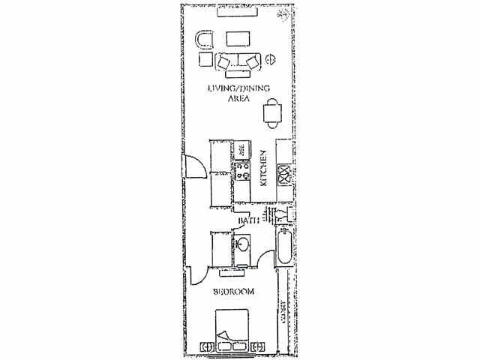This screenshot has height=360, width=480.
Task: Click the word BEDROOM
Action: coord(233,292)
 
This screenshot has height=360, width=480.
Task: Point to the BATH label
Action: coord(249,221)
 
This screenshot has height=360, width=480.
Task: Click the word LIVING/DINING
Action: coord(239,91)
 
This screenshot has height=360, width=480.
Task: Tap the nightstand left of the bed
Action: coord(208,346)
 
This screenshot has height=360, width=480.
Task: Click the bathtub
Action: coord(284,249)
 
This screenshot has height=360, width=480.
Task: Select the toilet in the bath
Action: coord(282,215)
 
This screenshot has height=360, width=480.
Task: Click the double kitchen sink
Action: coord(285,175)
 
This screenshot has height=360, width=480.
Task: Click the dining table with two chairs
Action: coord(272,112)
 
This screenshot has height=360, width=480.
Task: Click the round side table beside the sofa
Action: coord(271,59)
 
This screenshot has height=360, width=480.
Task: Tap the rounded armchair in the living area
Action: coord(203,39)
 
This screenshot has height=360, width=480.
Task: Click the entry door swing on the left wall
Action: coord(193,165)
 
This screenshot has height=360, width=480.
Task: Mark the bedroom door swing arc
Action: coord(198,275)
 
